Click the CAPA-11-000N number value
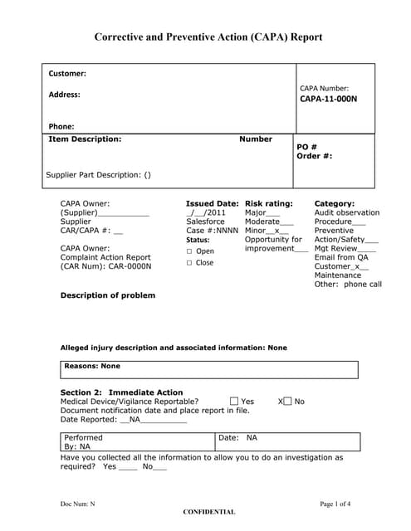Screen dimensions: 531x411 (328, 100)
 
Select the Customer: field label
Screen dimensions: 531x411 (67, 74)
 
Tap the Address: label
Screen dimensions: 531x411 (65, 95)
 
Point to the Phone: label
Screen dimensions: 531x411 (61, 127)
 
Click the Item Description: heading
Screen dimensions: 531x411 (86, 139)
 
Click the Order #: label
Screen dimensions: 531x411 (315, 156)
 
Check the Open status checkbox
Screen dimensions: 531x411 (189, 251)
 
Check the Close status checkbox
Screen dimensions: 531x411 (189, 263)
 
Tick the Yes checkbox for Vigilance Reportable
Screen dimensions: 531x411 (234, 402)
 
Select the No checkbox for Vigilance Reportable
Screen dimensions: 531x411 (287, 402)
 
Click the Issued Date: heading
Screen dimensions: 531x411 (212, 203)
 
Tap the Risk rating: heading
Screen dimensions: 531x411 (269, 203)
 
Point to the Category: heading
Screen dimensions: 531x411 (335, 203)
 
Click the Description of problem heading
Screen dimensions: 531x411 (108, 295)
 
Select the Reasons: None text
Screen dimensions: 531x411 (92, 366)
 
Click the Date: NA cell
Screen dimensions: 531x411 (238, 437)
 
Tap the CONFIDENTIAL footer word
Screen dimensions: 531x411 (209, 512)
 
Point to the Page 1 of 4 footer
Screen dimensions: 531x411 (335, 504)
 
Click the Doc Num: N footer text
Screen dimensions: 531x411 (78, 504)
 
